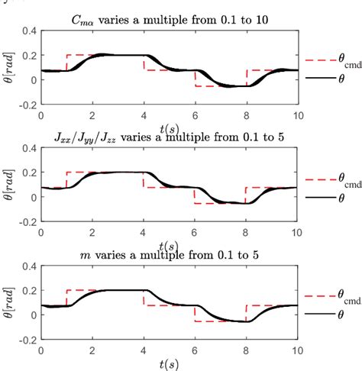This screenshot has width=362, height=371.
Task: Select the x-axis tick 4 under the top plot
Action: pyautogui.click(x=143, y=115)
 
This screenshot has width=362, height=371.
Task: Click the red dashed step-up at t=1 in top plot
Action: pyautogui.click(x=66, y=63)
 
